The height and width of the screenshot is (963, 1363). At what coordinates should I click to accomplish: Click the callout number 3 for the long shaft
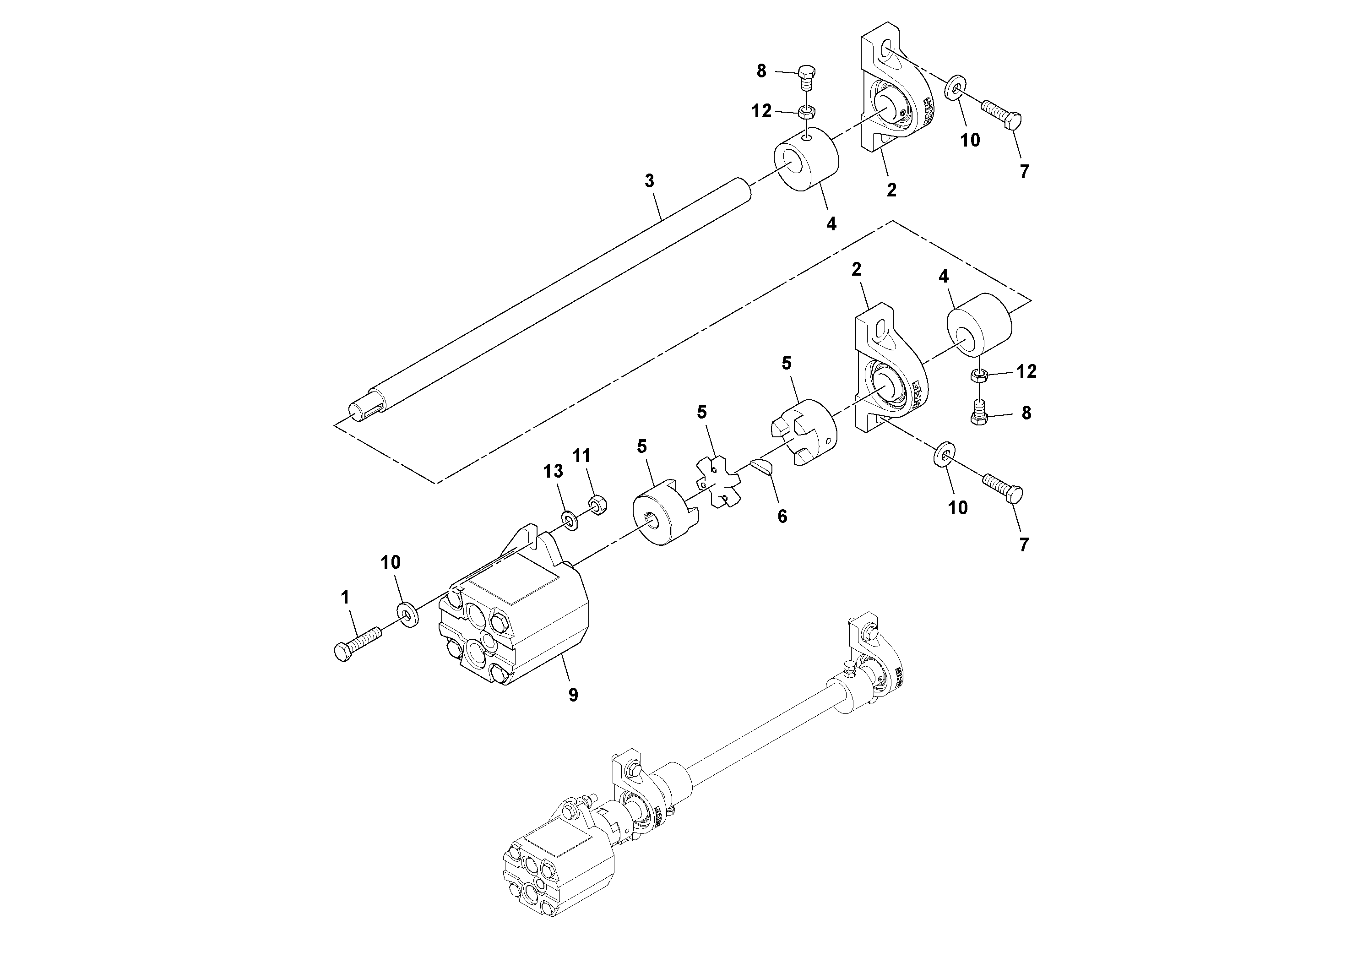point(649,181)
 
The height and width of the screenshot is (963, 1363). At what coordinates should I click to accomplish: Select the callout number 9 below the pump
point(573,695)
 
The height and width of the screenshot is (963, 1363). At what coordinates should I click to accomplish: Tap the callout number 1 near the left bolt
point(345,597)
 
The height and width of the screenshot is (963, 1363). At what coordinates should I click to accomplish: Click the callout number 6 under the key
point(782,517)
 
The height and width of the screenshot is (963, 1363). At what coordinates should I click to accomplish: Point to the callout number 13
point(553,471)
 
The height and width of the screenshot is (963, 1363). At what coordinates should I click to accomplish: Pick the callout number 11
point(582,456)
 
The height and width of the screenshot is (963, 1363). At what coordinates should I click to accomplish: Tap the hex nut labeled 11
point(596,506)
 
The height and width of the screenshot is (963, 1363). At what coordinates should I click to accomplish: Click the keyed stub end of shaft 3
point(365,410)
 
